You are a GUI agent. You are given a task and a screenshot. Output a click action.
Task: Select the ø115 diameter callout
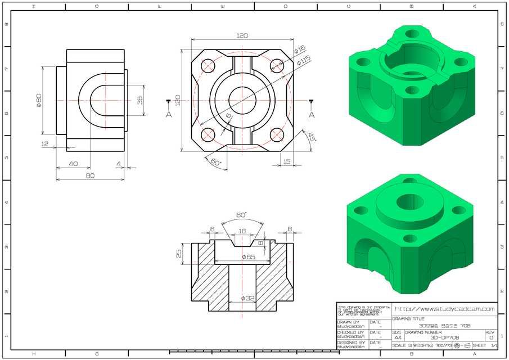pyautogui.click(x=304, y=60)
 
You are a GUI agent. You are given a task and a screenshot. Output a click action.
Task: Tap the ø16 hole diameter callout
pyautogui.click(x=299, y=49)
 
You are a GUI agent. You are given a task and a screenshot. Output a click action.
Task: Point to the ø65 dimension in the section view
pyautogui.click(x=249, y=257)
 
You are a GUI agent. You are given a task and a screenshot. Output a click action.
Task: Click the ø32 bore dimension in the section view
pyautogui.click(x=247, y=298)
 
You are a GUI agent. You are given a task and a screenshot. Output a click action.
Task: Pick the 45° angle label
pyautogui.click(x=311, y=137)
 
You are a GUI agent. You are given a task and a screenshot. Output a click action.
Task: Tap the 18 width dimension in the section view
pyautogui.click(x=242, y=231)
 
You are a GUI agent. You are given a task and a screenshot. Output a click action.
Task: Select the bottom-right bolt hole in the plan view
pyautogui.click(x=276, y=134)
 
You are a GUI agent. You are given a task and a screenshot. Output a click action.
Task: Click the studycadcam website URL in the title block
pyautogui.click(x=444, y=309)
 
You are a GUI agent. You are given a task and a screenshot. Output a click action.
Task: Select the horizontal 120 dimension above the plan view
pyautogui.click(x=242, y=35)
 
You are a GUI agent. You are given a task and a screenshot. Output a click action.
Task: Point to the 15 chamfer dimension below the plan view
pyautogui.click(x=287, y=161)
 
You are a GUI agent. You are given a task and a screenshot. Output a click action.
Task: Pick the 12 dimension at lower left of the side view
pyautogui.click(x=45, y=144)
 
